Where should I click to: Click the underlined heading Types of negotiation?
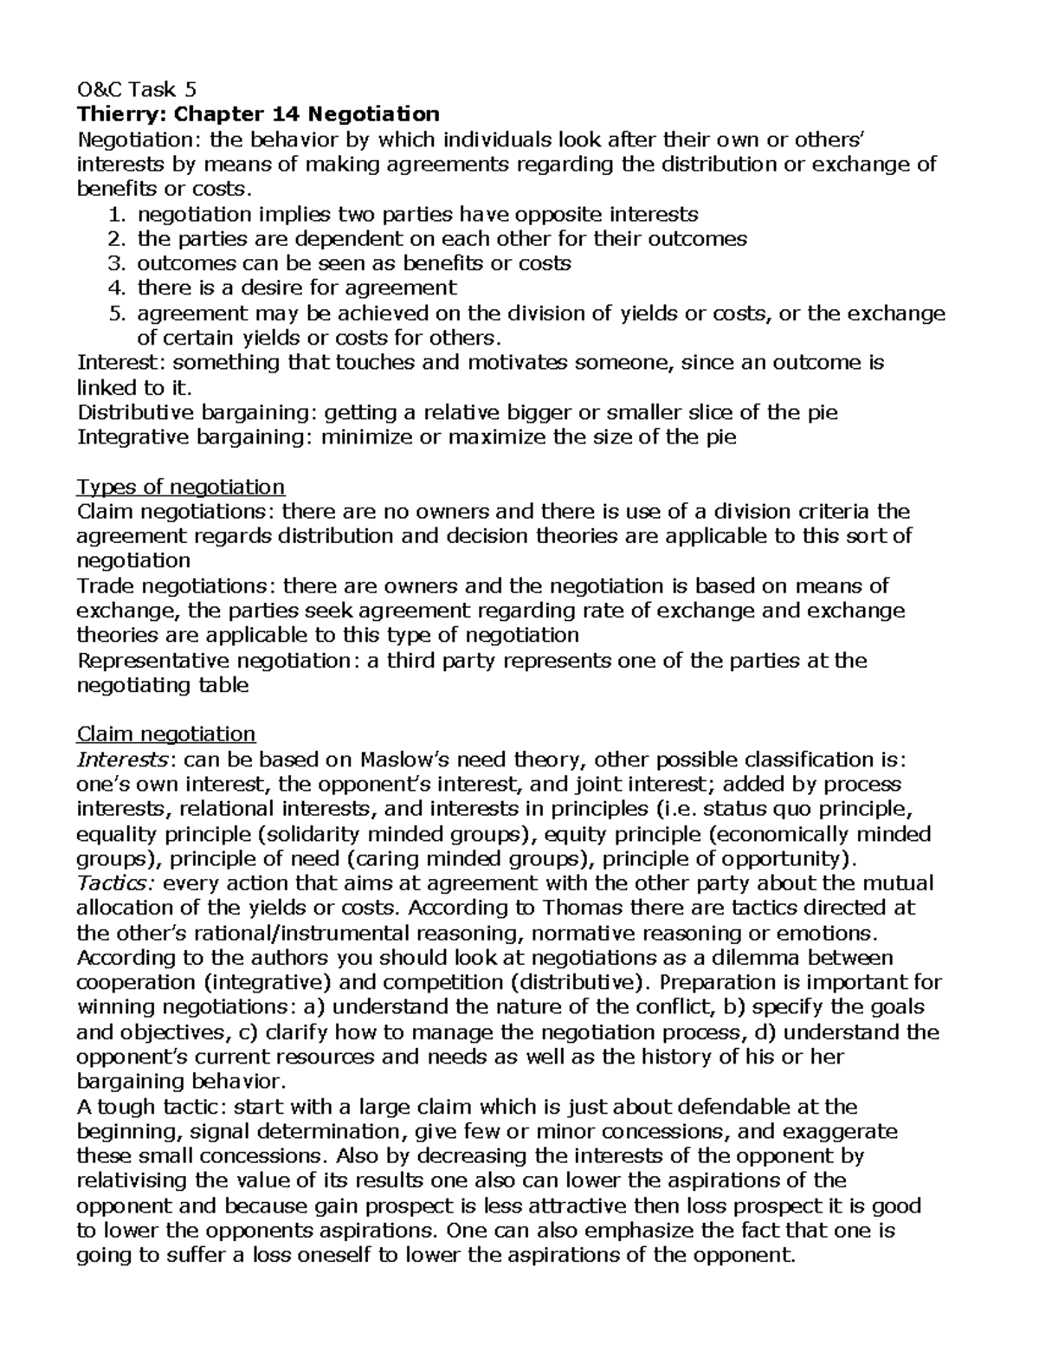[x=181, y=487]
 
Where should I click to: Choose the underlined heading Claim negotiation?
[x=166, y=734]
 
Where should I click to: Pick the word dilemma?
[x=771, y=958]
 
